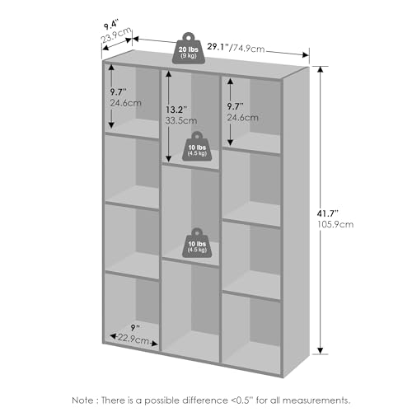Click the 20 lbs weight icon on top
click(x=189, y=49)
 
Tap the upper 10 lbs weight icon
click(x=197, y=147)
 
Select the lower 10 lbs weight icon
click(x=197, y=243)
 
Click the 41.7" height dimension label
click(x=327, y=213)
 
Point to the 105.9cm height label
click(x=335, y=224)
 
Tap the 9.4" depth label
click(x=111, y=25)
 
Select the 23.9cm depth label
click(x=116, y=35)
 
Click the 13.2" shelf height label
click(x=176, y=110)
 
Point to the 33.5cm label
click(x=181, y=120)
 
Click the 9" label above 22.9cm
click(x=135, y=327)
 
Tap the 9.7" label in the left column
click(x=119, y=92)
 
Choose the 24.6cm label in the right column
click(x=242, y=118)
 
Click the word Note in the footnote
click(x=82, y=400)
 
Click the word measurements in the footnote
click(x=316, y=400)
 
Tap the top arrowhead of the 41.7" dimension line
click(x=321, y=69)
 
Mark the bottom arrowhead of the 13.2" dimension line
click(x=169, y=158)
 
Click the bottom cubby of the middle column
click(x=190, y=311)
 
